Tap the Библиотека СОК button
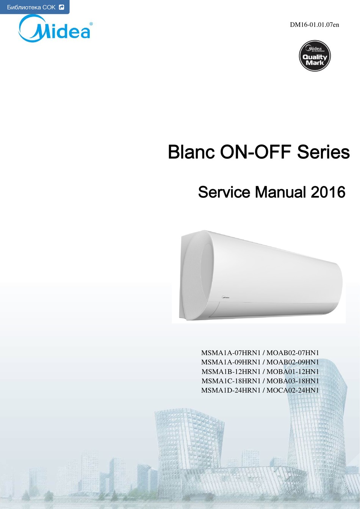pyautogui.click(x=34, y=7)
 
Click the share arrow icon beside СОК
pyautogui.click(x=61, y=7)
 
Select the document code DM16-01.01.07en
pyautogui.click(x=315, y=25)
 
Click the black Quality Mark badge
pyautogui.click(x=315, y=56)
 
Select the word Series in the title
pyautogui.click(x=324, y=152)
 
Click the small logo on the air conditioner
pyautogui.click(x=225, y=297)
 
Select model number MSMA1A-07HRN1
pyautogui.click(x=231, y=353)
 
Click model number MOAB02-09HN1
pyautogui.click(x=293, y=362)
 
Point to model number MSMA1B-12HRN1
pyautogui.click(x=231, y=372)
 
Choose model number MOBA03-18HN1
pyautogui.click(x=293, y=381)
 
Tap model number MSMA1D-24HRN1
pyautogui.click(x=231, y=390)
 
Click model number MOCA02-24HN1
pyautogui.click(x=293, y=390)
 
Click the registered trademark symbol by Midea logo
pyautogui.click(x=91, y=23)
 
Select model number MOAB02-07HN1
pyautogui.click(x=293, y=353)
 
